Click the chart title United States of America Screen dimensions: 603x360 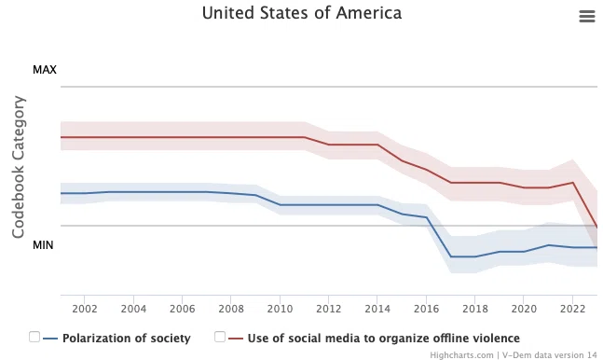pos(302,13)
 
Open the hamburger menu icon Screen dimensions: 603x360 pos(587,16)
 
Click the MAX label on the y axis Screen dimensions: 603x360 pos(45,70)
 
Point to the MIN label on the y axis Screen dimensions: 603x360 pos(43,245)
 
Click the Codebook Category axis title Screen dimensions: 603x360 pos(19,167)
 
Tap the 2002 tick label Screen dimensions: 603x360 pos(85,309)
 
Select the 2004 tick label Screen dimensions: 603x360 pos(133,309)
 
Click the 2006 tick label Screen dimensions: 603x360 pos(183,309)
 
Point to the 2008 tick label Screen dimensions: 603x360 pos(231,309)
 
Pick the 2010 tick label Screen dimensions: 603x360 pos(280,309)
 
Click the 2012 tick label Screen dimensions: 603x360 pos(329,309)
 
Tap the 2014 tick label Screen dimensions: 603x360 pos(377,309)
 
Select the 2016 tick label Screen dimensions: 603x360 pos(427,309)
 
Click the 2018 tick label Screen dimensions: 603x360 pos(475,309)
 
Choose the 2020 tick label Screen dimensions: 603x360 pos(524,309)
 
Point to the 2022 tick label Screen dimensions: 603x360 pos(573,309)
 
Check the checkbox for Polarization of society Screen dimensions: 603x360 pos(34,337)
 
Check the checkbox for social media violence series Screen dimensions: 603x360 pos(220,337)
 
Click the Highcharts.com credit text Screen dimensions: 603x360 pos(461,355)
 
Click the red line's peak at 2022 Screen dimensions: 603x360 pos(573,183)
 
